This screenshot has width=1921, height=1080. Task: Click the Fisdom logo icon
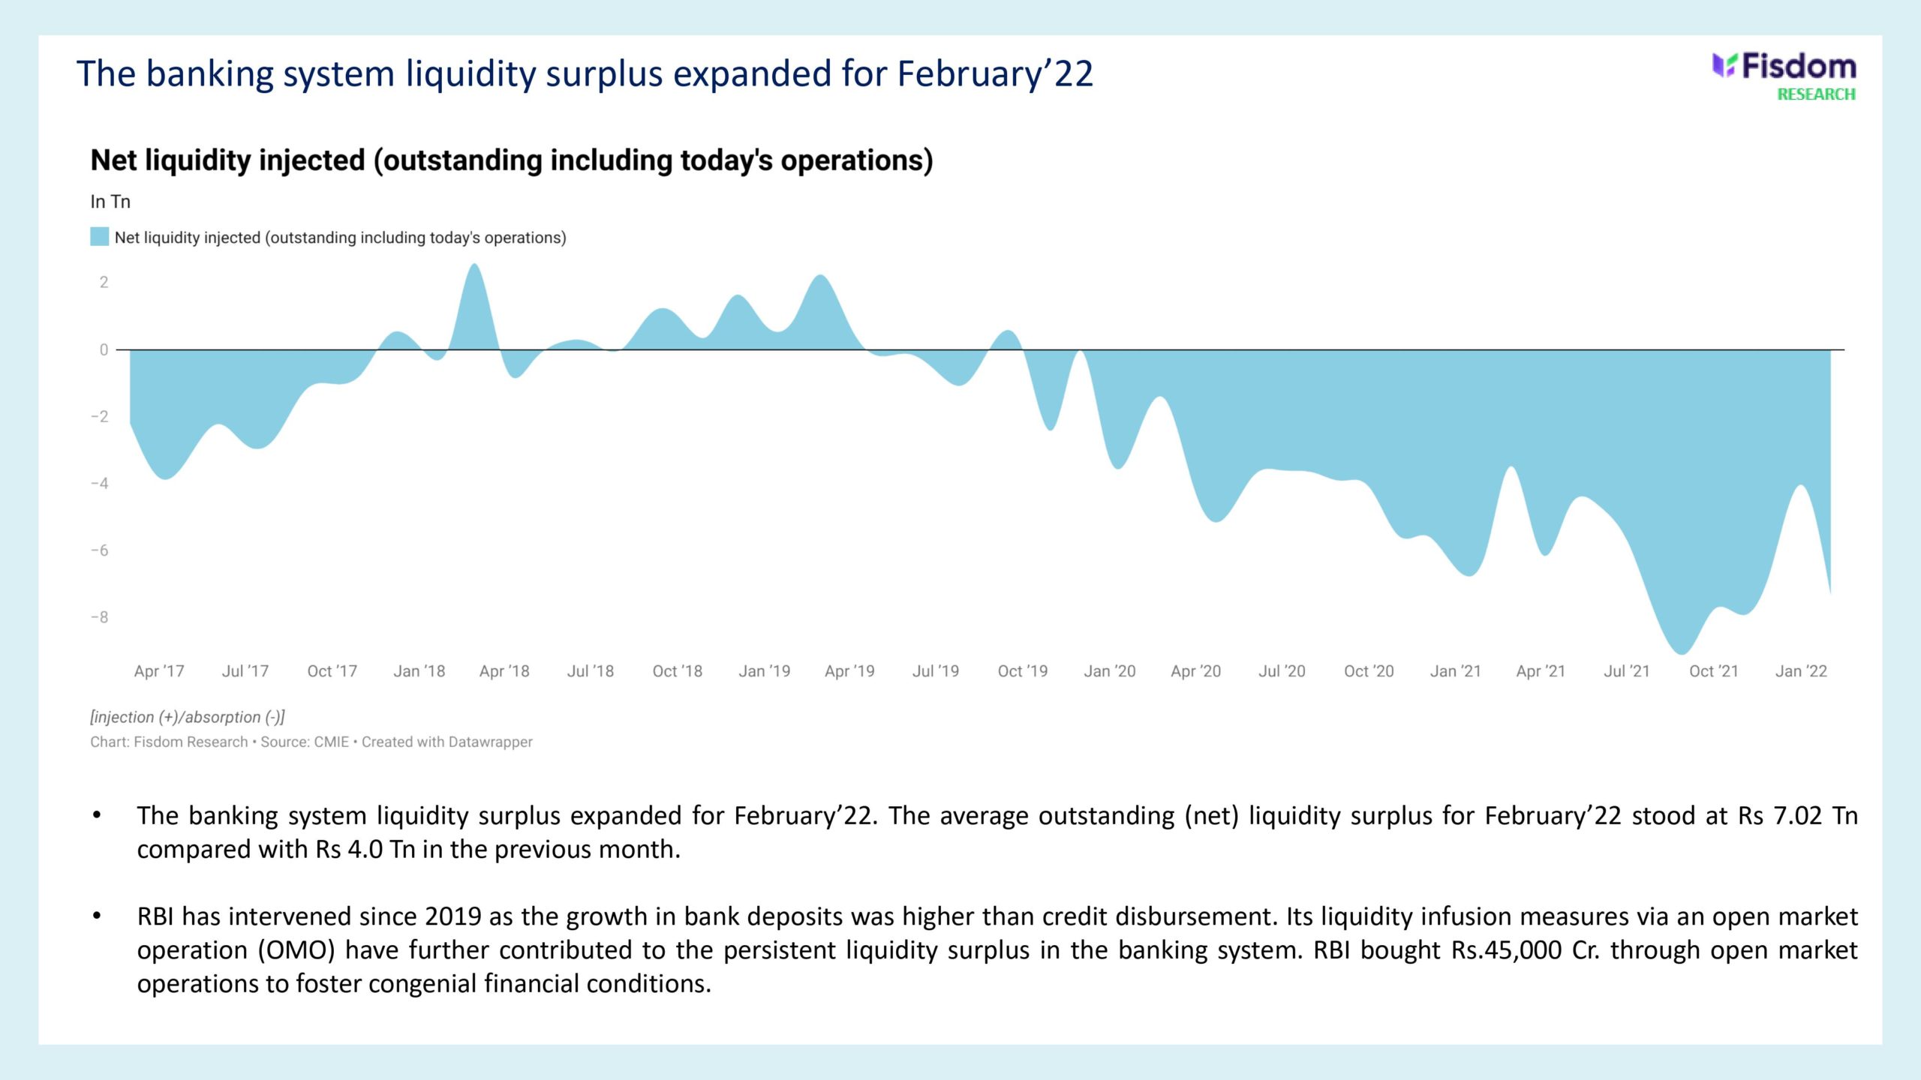tap(1724, 66)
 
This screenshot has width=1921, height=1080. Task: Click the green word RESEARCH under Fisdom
tap(1816, 94)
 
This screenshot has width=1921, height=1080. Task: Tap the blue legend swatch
tap(99, 237)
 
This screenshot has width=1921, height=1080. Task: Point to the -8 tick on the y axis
tap(100, 617)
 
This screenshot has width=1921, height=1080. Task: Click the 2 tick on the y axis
tap(104, 283)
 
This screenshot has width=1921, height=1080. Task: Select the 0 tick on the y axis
tap(104, 349)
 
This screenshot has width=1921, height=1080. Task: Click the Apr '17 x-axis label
tap(159, 671)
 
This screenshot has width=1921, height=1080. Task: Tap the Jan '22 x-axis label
tap(1801, 671)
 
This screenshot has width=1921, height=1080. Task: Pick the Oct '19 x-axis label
tap(1022, 671)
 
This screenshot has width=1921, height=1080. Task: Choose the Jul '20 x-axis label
tap(1282, 671)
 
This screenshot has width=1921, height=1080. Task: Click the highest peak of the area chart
tap(474, 265)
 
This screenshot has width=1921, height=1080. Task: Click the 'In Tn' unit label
tap(110, 202)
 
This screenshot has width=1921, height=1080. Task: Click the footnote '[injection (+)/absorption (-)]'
tap(188, 717)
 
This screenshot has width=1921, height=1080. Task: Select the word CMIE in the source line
tap(331, 742)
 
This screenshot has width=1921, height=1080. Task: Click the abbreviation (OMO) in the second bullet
tap(296, 950)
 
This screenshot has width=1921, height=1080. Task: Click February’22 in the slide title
tap(995, 73)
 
